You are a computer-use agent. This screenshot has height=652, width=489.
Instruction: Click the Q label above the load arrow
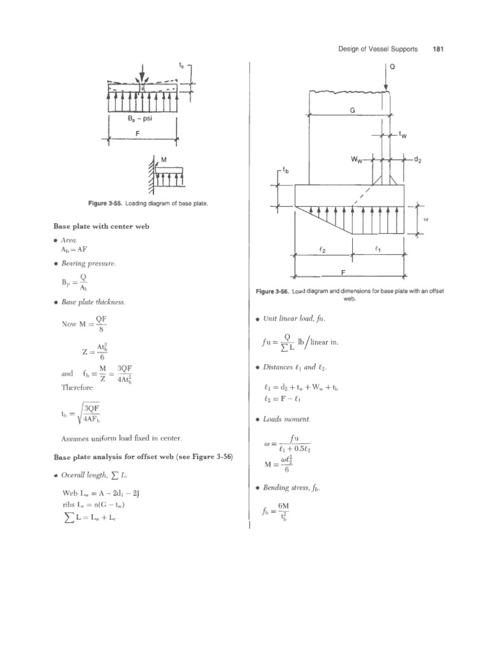coord(392,66)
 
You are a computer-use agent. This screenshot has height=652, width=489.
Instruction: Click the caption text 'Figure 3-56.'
coord(273,292)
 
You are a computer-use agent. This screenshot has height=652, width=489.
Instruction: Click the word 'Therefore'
coord(77,386)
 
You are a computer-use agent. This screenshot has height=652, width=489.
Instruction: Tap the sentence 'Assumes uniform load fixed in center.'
coord(122,438)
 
